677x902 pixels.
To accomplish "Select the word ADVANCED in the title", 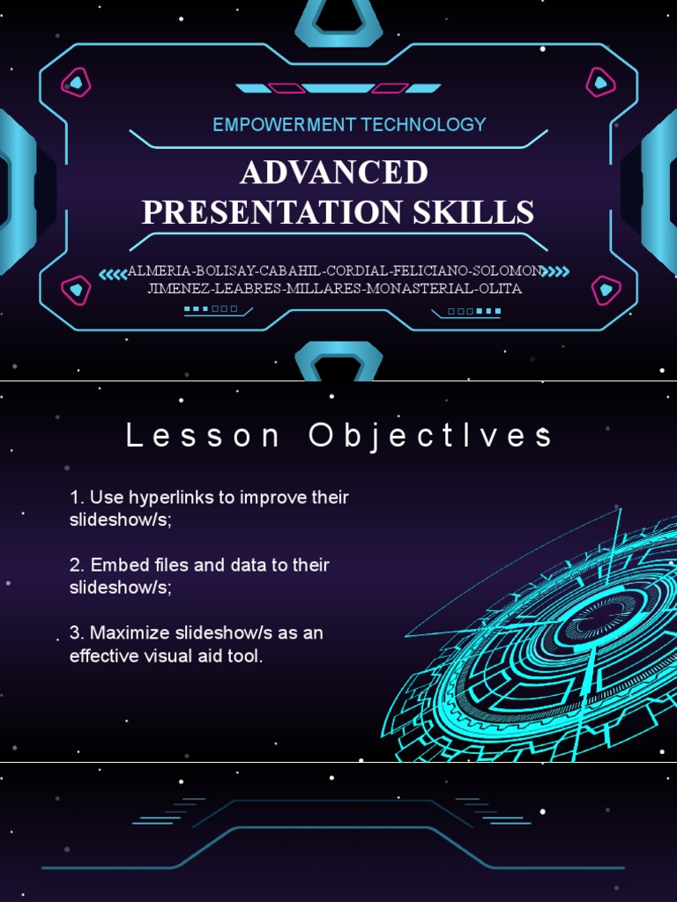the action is click(334, 172).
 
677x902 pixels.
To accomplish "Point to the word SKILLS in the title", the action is click(473, 211).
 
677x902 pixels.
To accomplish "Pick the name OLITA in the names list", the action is click(501, 288).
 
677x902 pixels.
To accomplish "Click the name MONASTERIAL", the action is click(420, 288).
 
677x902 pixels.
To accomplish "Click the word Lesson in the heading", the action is click(203, 435).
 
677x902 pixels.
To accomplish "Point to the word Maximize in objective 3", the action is click(130, 632).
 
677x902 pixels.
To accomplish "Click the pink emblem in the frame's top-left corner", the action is click(76, 82).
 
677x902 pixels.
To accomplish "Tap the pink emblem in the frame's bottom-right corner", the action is click(606, 291).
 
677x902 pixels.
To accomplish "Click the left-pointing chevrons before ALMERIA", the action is click(113, 274).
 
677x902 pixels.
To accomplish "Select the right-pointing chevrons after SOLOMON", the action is click(556, 271).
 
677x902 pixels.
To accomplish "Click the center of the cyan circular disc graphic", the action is click(600, 618).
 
